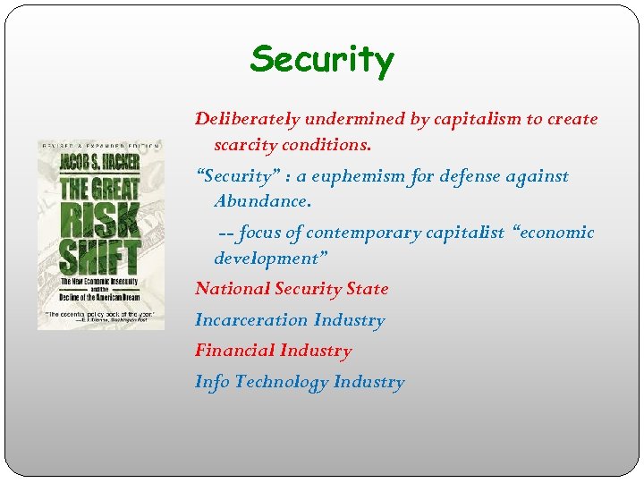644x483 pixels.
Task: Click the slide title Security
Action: [322, 60]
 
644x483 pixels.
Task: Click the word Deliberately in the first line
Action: [248, 119]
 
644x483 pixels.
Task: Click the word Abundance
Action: [263, 201]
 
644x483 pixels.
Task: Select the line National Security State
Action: [292, 289]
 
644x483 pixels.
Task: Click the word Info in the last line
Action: [212, 382]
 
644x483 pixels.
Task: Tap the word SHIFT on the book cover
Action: [101, 256]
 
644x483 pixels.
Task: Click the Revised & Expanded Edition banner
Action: [100, 145]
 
